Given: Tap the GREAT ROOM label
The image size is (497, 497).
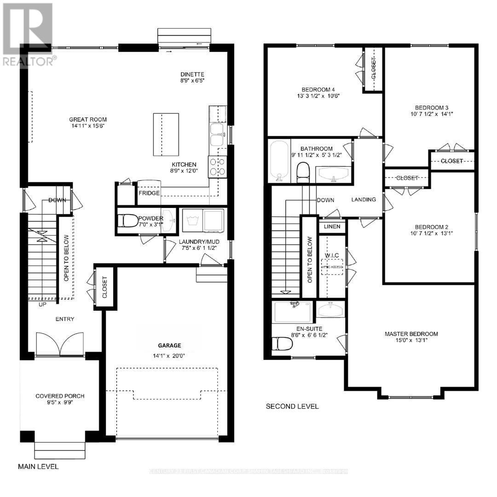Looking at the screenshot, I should [x=88, y=120].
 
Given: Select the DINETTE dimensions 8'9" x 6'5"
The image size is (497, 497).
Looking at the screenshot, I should [x=192, y=80].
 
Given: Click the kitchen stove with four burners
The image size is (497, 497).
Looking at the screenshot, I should [x=217, y=167].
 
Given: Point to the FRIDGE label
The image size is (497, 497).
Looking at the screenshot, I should [x=149, y=193].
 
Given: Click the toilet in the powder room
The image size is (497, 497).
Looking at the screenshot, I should [x=127, y=221].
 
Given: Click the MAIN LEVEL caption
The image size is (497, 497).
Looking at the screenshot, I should [x=38, y=466].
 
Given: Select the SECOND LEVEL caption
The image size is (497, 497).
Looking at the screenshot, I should [x=292, y=406].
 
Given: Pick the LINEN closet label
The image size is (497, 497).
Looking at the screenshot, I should [x=332, y=226].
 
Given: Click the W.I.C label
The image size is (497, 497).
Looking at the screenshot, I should [x=331, y=255].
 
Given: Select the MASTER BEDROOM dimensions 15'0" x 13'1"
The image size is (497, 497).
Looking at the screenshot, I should [x=411, y=341].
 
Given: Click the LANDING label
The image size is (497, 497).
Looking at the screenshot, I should [x=364, y=200].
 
